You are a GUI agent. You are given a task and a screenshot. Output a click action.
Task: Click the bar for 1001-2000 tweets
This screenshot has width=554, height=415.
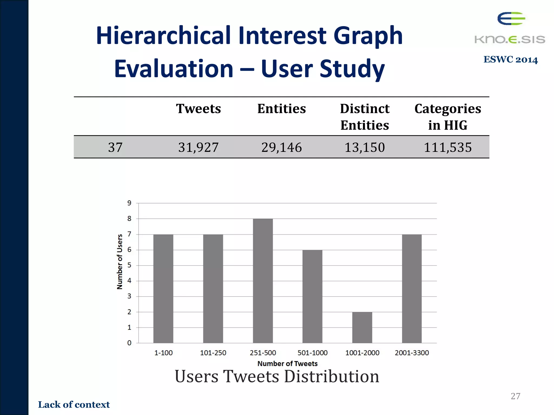362,327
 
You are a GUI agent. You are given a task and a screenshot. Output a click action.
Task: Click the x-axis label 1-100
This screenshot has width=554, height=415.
163,353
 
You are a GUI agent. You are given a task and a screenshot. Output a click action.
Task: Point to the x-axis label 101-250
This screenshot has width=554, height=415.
213,353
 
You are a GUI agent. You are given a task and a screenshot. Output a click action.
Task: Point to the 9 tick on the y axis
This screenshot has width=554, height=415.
129,203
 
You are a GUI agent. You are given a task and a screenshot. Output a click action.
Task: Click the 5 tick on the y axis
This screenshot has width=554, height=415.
129,265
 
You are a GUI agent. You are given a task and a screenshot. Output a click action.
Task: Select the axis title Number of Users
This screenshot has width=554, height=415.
120,262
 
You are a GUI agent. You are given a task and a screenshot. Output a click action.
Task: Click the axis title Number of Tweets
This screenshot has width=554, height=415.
287,364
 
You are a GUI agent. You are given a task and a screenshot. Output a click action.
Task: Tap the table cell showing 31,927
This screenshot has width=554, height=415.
198,147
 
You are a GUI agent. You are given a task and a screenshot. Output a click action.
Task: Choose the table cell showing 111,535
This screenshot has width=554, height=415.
447,147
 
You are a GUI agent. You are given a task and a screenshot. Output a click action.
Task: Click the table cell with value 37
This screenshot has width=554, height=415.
115,147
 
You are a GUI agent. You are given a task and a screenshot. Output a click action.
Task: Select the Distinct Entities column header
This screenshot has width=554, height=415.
364,117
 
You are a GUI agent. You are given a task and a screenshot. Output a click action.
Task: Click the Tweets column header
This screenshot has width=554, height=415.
198,109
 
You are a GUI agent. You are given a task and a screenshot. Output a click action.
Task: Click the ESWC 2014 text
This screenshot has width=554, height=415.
510,59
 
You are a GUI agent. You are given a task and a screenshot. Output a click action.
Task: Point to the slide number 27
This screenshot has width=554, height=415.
515,396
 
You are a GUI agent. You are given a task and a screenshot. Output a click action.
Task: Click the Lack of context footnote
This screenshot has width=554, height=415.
74,404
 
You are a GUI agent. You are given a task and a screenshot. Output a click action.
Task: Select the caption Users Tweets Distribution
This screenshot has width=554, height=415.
277,376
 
